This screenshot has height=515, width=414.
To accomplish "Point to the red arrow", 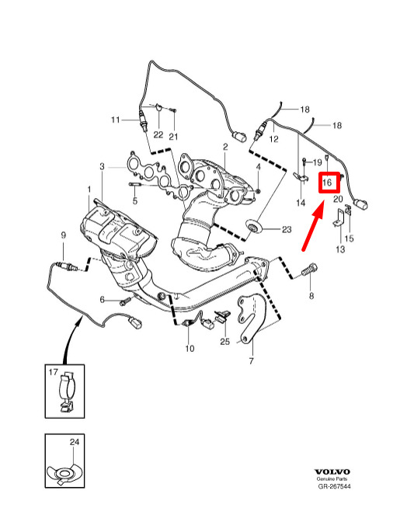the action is click(x=313, y=226).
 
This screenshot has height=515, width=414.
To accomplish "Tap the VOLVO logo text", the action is click(x=332, y=472).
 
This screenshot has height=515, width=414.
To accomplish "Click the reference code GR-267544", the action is click(x=334, y=486).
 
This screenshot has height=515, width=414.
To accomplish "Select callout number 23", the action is click(x=287, y=229).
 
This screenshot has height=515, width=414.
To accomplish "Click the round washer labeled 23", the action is click(x=254, y=227).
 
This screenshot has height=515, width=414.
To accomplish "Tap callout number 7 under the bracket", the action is click(x=251, y=361).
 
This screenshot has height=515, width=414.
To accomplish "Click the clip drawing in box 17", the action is click(x=67, y=391).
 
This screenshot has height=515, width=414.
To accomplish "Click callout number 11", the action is click(x=115, y=120).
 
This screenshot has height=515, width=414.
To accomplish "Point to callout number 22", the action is click(x=158, y=134).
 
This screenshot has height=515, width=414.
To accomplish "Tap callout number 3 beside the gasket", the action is click(x=102, y=166).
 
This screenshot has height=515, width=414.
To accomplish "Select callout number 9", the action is click(x=64, y=235).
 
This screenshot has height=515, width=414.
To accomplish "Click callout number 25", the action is click(x=225, y=342).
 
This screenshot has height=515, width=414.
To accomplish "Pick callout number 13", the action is click(x=340, y=249).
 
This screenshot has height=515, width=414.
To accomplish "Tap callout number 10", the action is click(x=190, y=348).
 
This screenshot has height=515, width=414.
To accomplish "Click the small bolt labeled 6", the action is click(x=125, y=301).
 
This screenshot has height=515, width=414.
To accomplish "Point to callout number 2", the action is click(x=225, y=147).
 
